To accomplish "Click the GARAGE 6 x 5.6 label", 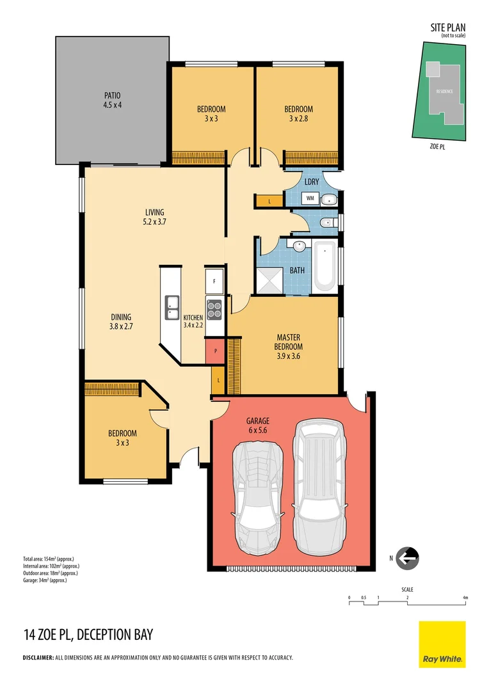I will (x=258, y=425).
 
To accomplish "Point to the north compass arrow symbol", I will (x=407, y=558).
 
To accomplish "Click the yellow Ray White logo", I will (x=442, y=644).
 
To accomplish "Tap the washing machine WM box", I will (x=310, y=199).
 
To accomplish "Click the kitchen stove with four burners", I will (x=214, y=309).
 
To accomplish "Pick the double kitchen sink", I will (x=172, y=307).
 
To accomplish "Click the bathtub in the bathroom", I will (x=325, y=266).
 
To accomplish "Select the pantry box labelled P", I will (x=214, y=351).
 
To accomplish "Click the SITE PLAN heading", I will (x=447, y=28).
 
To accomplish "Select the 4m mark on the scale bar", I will (x=465, y=598).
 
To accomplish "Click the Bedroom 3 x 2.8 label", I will (x=298, y=113).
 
